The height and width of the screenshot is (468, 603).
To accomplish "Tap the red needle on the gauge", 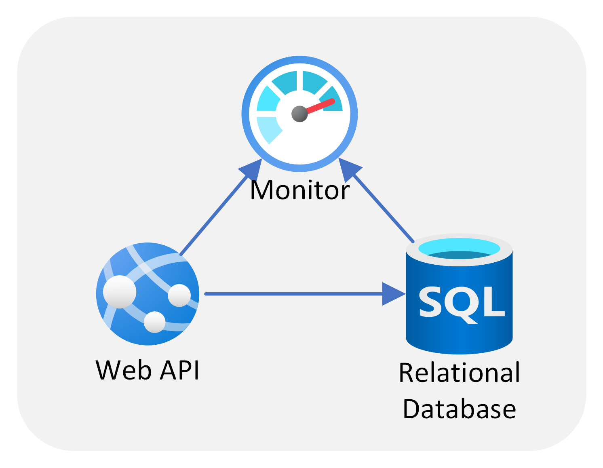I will [321, 106].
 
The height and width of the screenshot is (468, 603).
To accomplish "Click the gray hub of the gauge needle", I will [299, 114].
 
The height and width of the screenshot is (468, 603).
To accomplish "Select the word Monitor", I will [299, 190].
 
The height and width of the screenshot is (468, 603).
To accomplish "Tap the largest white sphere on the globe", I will [120, 291].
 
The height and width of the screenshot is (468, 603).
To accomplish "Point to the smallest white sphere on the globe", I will [154, 322].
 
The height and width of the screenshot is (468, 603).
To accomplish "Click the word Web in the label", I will [124, 370].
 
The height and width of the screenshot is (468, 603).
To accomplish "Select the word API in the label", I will [180, 370].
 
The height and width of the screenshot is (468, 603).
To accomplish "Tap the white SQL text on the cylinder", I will [462, 302].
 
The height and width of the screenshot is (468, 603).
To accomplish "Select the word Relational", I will [459, 373].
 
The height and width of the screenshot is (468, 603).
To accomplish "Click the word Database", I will [459, 409].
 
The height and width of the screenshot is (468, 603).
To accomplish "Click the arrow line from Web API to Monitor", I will [214, 214].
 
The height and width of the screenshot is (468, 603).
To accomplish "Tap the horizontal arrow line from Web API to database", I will [291, 294].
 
